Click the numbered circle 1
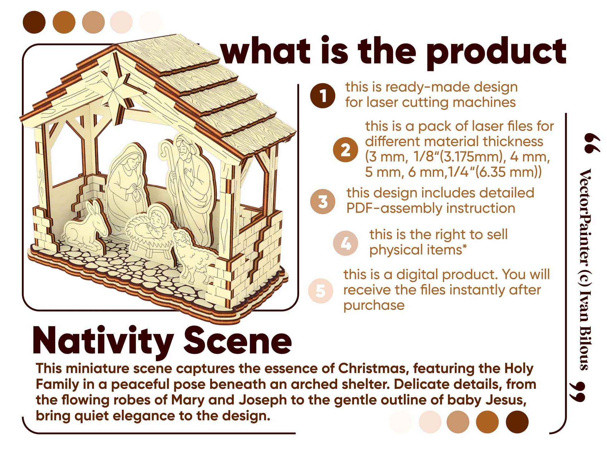click(323, 96)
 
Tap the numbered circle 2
click(345, 150)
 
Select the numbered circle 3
click(323, 201)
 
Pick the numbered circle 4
click(345, 243)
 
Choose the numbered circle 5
click(321, 290)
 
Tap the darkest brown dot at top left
click(34, 22)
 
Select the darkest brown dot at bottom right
click(517, 422)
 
